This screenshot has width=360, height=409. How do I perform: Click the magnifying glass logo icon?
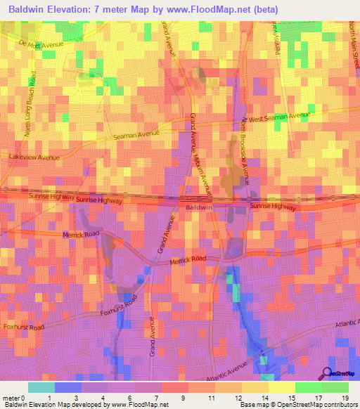[327, 373]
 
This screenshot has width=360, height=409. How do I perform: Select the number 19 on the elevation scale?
[345, 398]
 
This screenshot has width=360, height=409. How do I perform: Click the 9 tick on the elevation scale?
[183, 398]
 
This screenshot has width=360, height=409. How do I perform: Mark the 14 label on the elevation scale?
[263, 398]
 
